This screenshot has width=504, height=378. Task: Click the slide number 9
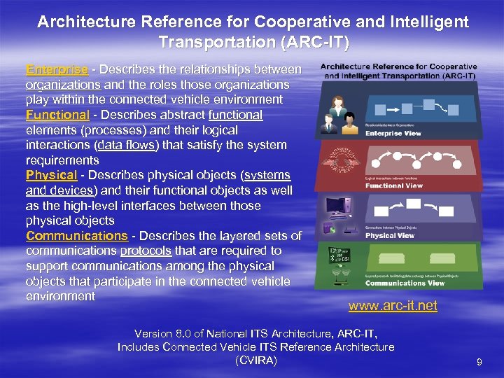[x=479, y=362]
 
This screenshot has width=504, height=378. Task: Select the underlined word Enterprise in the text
[x=57, y=70]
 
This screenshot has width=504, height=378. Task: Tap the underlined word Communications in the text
[x=77, y=236]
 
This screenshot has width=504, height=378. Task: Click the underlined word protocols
[x=146, y=251]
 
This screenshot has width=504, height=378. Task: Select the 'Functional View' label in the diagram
[x=394, y=185]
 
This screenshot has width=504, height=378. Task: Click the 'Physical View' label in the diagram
[x=391, y=234]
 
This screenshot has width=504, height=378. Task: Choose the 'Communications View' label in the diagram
[x=405, y=283]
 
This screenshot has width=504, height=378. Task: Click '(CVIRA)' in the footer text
[x=255, y=360]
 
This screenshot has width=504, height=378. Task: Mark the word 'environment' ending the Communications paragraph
[x=60, y=296]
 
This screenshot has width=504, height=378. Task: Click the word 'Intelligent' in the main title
[x=428, y=22]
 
